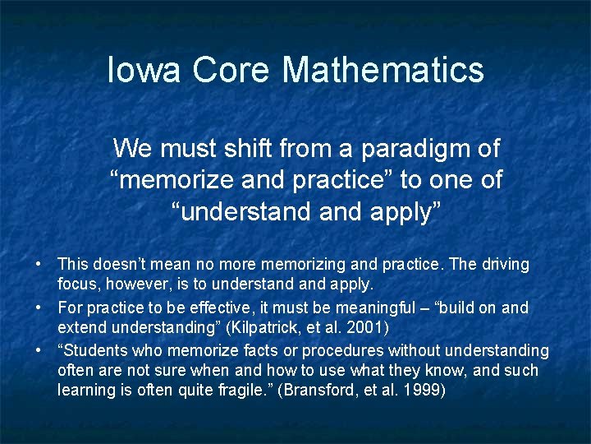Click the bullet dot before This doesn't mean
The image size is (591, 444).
pos(39,265)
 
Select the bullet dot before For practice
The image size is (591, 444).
pos(39,308)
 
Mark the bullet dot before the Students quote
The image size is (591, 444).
pos(39,350)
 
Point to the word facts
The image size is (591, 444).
pos(263,350)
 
